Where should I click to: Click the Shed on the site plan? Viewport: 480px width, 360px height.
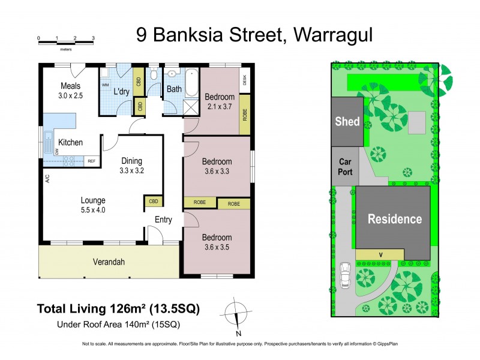347,122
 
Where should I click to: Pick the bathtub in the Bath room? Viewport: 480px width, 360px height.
191,84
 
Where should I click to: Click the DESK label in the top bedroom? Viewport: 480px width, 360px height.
245,79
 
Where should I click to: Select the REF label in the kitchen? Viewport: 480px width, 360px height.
92,161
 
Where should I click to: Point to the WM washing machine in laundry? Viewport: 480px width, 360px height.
105,85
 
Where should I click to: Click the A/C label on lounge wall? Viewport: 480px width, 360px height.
46,179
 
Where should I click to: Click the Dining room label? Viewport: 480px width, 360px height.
131,160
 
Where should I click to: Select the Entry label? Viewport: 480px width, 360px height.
163,220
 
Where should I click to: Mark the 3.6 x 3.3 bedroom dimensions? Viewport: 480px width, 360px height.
217,171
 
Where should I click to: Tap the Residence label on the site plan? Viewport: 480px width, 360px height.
394,219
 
